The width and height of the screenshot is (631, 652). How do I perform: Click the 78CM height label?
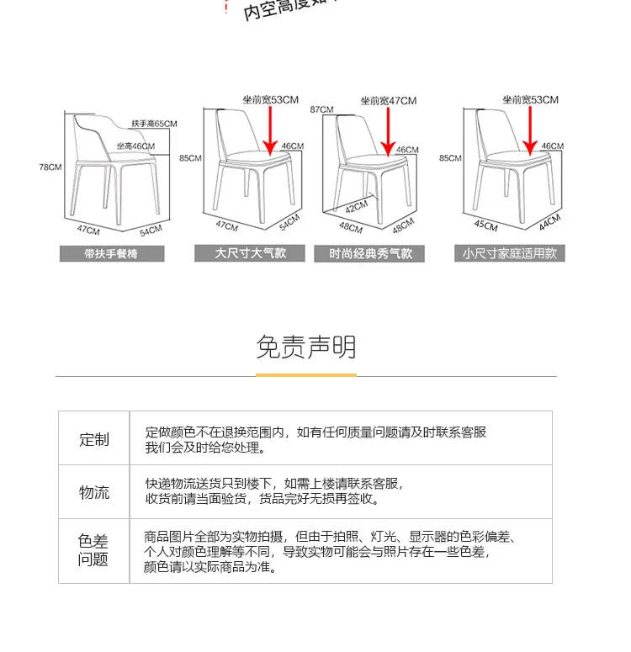[x=50, y=167]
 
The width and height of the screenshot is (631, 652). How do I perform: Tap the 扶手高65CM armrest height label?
[x=154, y=124]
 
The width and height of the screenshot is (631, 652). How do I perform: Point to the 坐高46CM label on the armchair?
[x=135, y=146]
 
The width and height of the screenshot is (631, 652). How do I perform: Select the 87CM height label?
[x=321, y=109]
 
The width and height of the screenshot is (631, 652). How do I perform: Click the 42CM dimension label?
[x=356, y=206]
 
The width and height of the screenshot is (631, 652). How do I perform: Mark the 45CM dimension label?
[x=486, y=225]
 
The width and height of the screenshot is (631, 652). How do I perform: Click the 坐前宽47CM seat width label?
[x=388, y=101]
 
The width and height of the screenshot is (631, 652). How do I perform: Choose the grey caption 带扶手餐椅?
[x=111, y=253]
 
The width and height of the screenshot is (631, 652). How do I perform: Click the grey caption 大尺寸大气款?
[x=250, y=252]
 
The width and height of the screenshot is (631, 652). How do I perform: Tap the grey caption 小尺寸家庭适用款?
[x=510, y=252]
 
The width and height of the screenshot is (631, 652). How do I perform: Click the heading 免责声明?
[x=305, y=347]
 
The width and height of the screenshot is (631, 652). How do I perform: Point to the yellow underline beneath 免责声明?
[x=305, y=374]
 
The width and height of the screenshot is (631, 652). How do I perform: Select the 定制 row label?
[x=94, y=439]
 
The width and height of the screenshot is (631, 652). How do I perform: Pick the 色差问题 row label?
[x=94, y=550]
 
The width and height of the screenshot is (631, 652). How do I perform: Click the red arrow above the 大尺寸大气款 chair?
[x=271, y=130]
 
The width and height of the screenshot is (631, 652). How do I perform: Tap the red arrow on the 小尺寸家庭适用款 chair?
[x=530, y=130]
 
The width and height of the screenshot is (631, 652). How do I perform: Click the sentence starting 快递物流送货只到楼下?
[x=274, y=484]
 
